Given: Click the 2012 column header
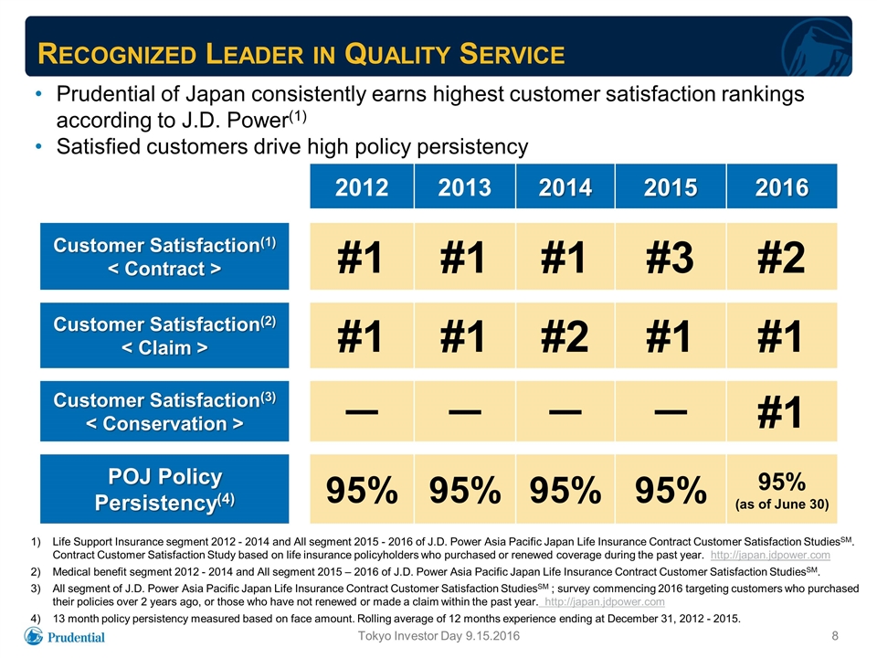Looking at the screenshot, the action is click(362, 186).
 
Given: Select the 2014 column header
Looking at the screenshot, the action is click(565, 186).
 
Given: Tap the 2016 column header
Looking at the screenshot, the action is click(782, 186).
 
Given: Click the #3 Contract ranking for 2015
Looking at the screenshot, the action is click(670, 258).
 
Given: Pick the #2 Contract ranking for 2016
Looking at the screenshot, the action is click(781, 258).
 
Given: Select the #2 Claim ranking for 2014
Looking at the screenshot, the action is click(565, 336).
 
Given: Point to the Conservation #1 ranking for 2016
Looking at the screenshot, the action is click(779, 412).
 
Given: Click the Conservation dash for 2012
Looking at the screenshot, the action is click(362, 412).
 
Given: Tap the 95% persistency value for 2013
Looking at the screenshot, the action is click(465, 490).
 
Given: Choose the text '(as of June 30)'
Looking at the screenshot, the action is click(782, 504).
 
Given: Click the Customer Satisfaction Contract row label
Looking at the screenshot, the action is click(164, 256).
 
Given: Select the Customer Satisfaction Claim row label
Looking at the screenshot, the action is click(164, 335).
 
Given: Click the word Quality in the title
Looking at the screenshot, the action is click(396, 54).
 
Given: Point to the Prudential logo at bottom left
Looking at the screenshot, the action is click(64, 636).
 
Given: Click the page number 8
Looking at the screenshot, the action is click(835, 636).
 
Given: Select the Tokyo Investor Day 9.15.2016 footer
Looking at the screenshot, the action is click(438, 636).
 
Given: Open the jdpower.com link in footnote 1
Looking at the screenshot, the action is click(770, 555).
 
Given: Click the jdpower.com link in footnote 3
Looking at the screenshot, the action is click(605, 602).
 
